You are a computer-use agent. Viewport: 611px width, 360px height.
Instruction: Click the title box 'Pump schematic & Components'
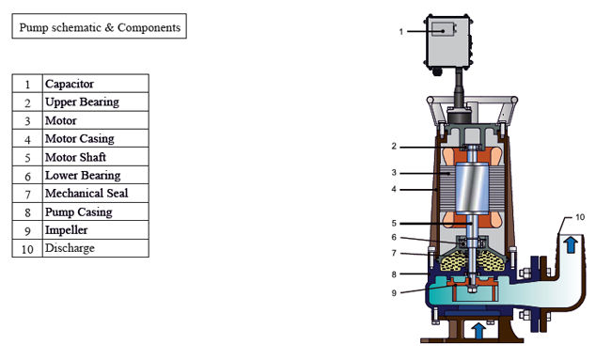(x=100, y=26)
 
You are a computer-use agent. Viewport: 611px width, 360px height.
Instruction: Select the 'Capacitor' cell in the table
(x=96, y=84)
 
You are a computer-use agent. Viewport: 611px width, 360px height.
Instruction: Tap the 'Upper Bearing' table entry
(x=96, y=102)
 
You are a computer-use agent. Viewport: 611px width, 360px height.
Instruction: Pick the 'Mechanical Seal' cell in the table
(x=96, y=194)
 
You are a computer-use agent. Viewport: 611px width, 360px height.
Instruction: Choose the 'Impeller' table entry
(x=96, y=230)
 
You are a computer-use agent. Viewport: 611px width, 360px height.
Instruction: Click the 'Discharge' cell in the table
(x=96, y=248)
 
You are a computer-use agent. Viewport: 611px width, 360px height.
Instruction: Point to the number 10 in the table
(x=27, y=249)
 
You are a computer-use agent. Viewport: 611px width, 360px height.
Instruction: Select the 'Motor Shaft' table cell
(x=96, y=157)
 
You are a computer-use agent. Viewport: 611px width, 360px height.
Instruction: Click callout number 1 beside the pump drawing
(x=401, y=32)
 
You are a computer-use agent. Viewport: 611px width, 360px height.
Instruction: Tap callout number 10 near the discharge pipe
(x=580, y=217)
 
